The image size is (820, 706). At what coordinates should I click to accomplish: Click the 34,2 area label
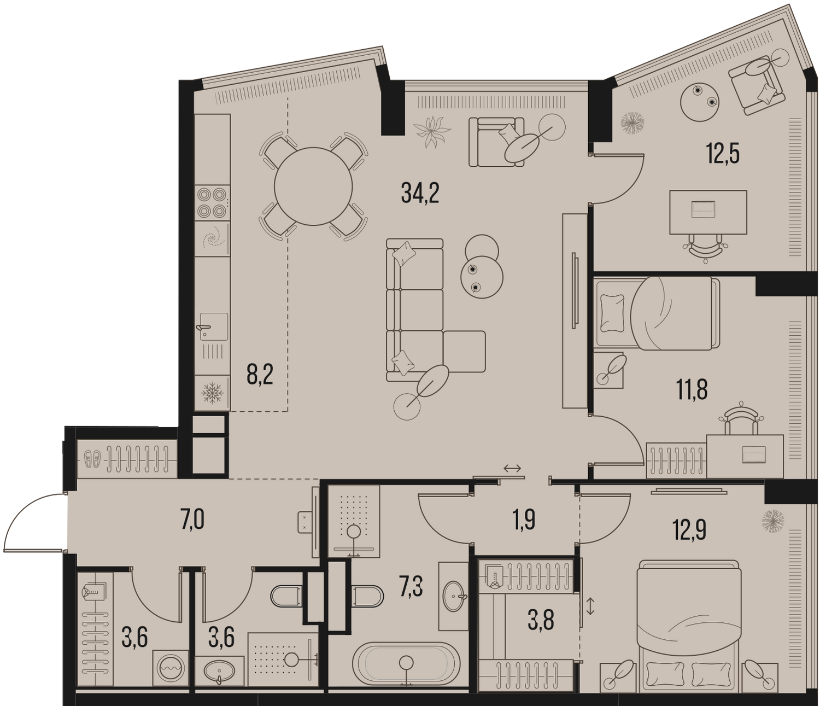click(420, 193)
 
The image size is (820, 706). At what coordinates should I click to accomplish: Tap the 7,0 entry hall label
click(192, 521)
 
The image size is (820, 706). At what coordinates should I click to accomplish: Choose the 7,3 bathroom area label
click(412, 588)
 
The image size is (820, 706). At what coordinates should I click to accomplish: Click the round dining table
click(313, 186)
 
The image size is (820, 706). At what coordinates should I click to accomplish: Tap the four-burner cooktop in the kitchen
click(212, 202)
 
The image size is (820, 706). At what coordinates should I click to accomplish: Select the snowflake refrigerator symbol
click(213, 393)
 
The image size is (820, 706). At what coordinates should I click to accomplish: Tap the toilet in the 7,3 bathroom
click(367, 597)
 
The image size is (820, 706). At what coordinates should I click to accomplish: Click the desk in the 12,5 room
click(708, 212)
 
